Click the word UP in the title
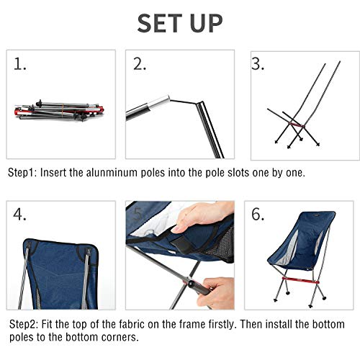[x=207, y=23]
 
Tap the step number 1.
[x=21, y=65]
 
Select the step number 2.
[x=140, y=65]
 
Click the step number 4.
[x=21, y=215]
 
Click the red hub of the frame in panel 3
[x=294, y=125]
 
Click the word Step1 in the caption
[x=24, y=174]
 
